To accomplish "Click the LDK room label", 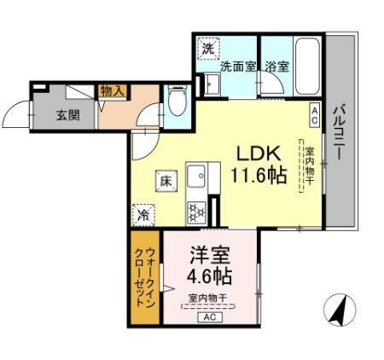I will click(x=254, y=154).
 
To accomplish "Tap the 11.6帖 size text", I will click(x=254, y=176).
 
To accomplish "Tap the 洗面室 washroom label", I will click(x=238, y=67).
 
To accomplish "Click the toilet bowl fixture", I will click(x=177, y=103).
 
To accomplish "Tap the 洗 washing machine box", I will click(x=207, y=49).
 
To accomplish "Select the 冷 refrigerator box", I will click(x=144, y=215).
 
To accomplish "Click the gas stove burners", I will click(x=195, y=209).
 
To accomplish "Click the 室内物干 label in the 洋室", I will click(x=207, y=297).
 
